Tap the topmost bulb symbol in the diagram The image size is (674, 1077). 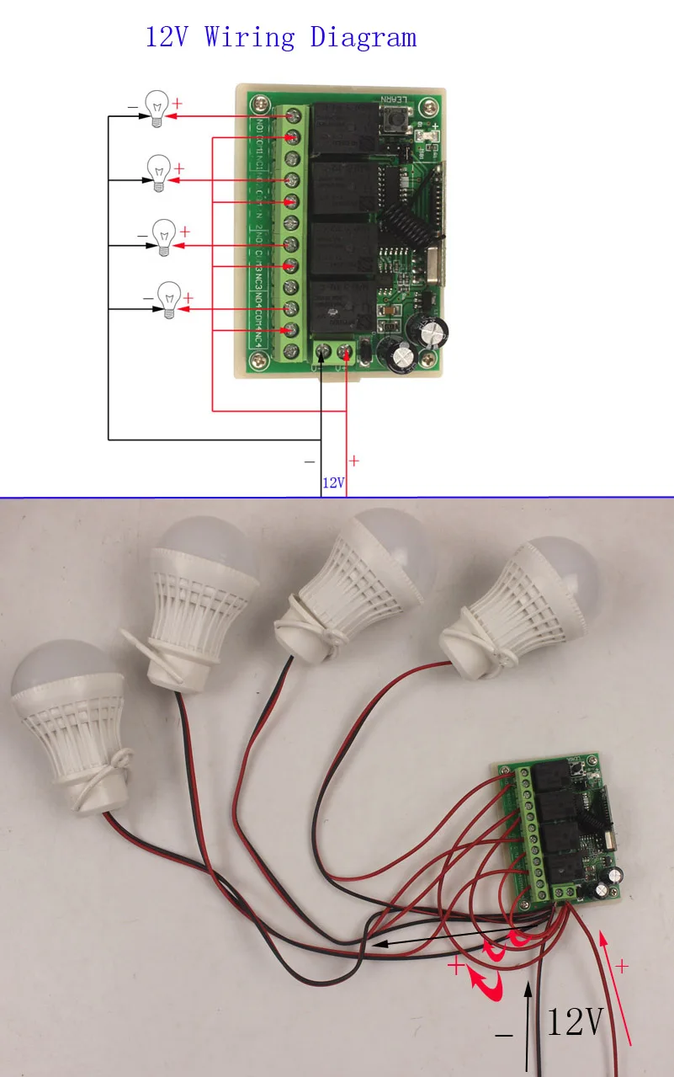pyautogui.click(x=156, y=108)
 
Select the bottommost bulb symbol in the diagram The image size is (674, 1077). pyautogui.click(x=170, y=300)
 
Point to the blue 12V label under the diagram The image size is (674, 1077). pyautogui.click(x=333, y=483)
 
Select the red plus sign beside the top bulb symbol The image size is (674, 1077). pyautogui.click(x=178, y=103)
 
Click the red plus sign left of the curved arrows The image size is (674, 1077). pyautogui.click(x=455, y=967)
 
